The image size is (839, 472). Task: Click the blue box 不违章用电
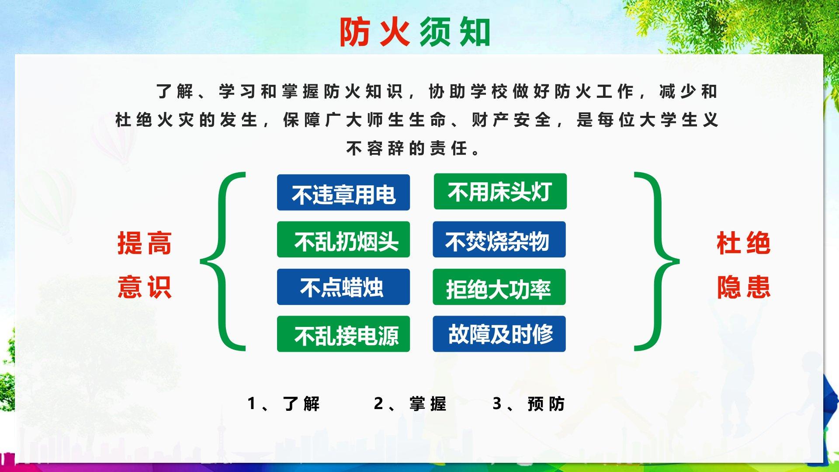tap(343, 192)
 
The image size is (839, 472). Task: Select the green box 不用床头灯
tap(500, 191)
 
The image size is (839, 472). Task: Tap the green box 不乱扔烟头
tap(343, 239)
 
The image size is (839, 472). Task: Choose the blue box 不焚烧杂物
tap(499, 239)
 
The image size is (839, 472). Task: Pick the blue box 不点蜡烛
tap(343, 287)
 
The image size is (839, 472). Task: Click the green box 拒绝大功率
tap(499, 287)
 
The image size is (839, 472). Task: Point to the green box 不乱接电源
tap(343, 334)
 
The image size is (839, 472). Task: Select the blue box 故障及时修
tap(499, 334)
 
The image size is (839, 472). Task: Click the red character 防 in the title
tap(355, 32)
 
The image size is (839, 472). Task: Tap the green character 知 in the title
tap(475, 32)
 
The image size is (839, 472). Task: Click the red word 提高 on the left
tap(145, 243)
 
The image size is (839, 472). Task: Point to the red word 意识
tap(145, 287)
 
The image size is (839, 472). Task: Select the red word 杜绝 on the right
tap(743, 243)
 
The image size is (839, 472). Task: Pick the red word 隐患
tap(743, 287)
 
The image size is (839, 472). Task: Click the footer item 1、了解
tap(284, 404)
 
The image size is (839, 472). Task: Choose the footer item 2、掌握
tap(410, 404)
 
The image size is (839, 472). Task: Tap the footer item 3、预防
tap(529, 404)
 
